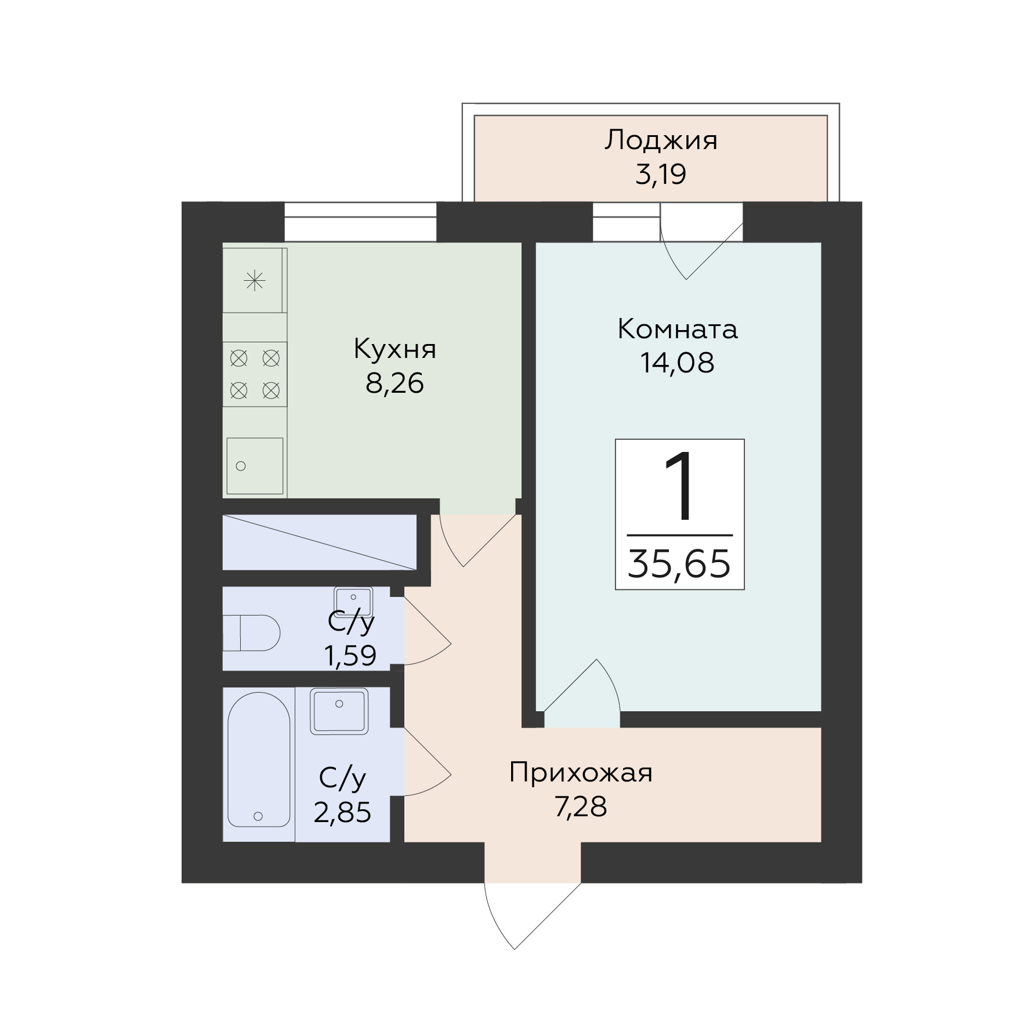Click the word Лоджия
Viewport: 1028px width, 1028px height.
coord(661,142)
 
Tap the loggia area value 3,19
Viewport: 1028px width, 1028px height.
coord(661,174)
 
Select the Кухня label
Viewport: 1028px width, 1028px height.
coord(394,350)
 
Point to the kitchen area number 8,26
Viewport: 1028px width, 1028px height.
coord(394,383)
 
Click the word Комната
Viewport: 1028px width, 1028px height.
coord(678,330)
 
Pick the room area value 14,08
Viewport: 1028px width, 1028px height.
coord(678,363)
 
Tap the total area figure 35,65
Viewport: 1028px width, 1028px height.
coord(679,564)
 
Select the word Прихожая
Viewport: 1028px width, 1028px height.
coord(581,773)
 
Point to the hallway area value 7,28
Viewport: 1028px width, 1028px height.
coord(581,807)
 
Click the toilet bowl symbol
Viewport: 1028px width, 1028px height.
coord(252,633)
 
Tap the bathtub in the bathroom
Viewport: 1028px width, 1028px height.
coord(259,759)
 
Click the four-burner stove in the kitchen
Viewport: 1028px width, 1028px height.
coord(255,374)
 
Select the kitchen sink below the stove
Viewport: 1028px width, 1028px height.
coord(255,466)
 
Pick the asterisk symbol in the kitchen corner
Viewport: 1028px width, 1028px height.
coord(255,281)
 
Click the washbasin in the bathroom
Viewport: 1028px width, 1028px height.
coord(339,711)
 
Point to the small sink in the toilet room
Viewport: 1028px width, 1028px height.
coord(353,602)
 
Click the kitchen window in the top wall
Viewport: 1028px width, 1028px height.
coord(360,222)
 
